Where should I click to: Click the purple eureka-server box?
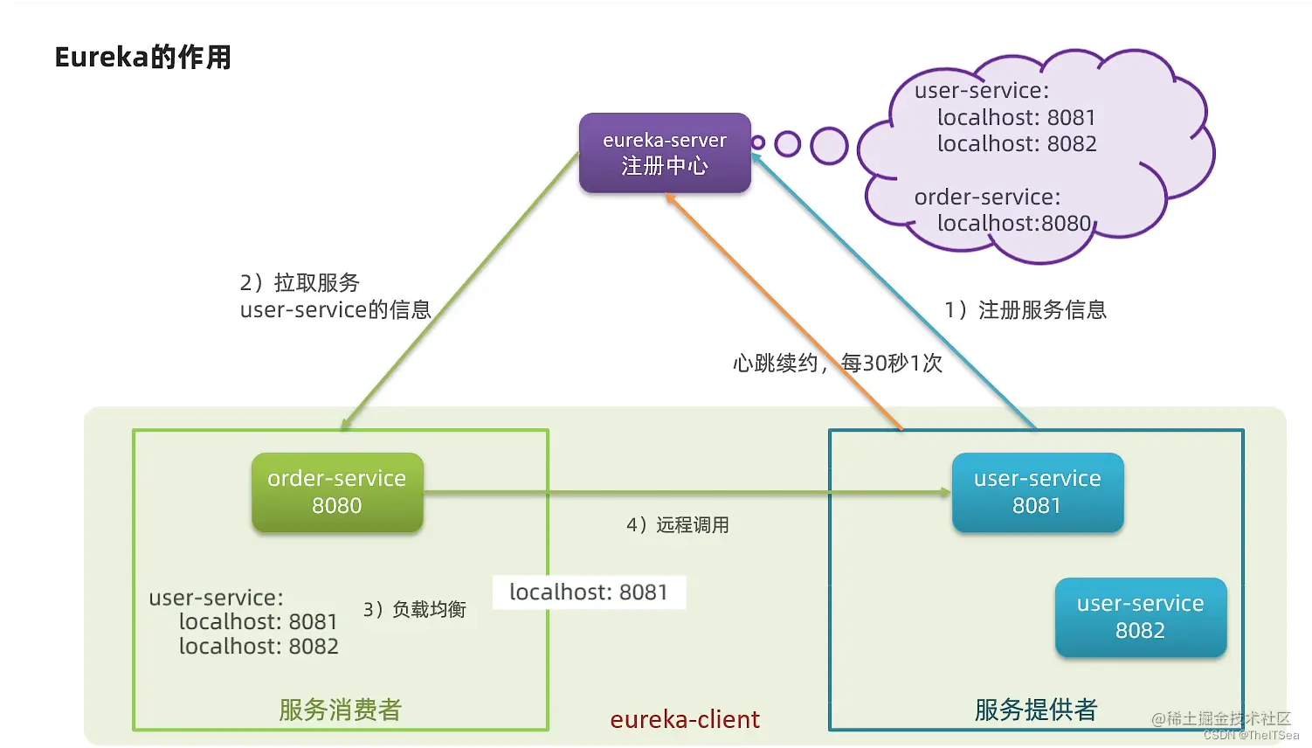point(665,153)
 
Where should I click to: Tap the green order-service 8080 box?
point(337,492)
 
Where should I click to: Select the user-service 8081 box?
point(1037,492)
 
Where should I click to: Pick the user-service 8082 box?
point(1140,617)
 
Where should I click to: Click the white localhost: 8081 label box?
point(589,592)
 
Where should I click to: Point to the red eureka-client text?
point(685,719)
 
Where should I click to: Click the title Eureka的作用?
point(143,58)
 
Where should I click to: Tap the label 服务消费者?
point(340,710)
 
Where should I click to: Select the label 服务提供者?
point(1035,710)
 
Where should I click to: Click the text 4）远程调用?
point(678,525)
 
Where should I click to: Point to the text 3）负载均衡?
point(415,609)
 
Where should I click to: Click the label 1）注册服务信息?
point(1025,310)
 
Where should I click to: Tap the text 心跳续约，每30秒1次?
point(837,363)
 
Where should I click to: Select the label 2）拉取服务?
point(300,283)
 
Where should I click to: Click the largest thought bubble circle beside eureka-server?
point(829,146)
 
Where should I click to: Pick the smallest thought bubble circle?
point(758,142)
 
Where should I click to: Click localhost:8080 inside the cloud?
point(1014,224)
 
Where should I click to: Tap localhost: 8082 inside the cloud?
point(1017,144)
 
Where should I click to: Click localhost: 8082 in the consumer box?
point(259,647)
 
